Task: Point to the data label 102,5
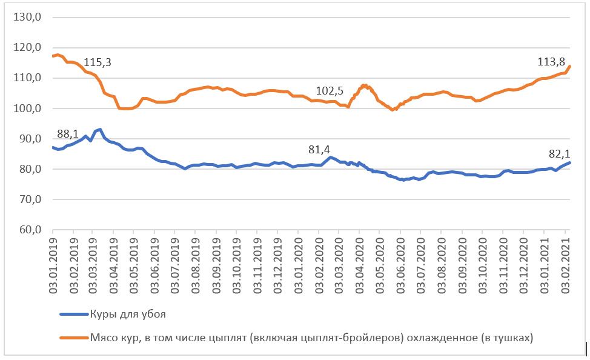(x=330, y=91)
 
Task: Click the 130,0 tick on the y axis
(x=28, y=18)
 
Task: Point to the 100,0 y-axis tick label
(x=28, y=108)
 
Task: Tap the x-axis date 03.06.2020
(x=400, y=261)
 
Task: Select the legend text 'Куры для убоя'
(x=128, y=315)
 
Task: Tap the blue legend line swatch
(x=73, y=315)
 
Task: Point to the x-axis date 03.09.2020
(x=462, y=261)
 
